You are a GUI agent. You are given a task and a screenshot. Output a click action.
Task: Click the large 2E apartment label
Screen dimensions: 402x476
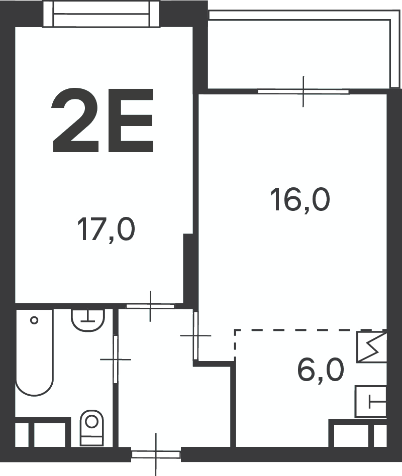tap(102, 120)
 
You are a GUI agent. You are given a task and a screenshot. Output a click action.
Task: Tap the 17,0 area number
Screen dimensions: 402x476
tap(107, 230)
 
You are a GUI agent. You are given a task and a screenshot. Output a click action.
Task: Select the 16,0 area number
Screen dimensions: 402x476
tap(300, 199)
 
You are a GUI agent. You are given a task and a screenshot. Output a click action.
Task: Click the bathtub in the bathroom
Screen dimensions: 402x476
tap(34, 352)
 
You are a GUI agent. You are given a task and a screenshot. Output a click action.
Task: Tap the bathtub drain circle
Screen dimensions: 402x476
tap(34, 320)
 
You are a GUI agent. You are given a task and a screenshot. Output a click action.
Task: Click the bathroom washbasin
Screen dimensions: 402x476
tap(88, 320)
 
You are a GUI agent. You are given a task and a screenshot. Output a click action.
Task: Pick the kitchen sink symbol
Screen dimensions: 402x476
tap(371, 402)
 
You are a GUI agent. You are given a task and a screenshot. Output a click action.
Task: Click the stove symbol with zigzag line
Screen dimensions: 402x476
tap(372, 347)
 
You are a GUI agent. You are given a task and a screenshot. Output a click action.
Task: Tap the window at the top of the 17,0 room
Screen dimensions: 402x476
tap(102, 14)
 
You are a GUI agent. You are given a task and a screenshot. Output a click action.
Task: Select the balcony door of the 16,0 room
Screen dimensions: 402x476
tap(303, 91)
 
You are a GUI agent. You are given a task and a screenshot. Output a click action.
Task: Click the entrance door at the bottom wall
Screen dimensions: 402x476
tap(156, 454)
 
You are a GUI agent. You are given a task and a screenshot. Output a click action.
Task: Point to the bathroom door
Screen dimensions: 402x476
tap(116, 360)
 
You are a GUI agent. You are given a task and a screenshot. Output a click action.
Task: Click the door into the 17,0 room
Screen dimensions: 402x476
tap(150, 306)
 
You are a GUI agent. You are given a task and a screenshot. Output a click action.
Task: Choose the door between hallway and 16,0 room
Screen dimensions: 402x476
tap(195, 335)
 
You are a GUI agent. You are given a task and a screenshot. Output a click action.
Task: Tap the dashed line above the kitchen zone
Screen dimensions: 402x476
tap(311, 330)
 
